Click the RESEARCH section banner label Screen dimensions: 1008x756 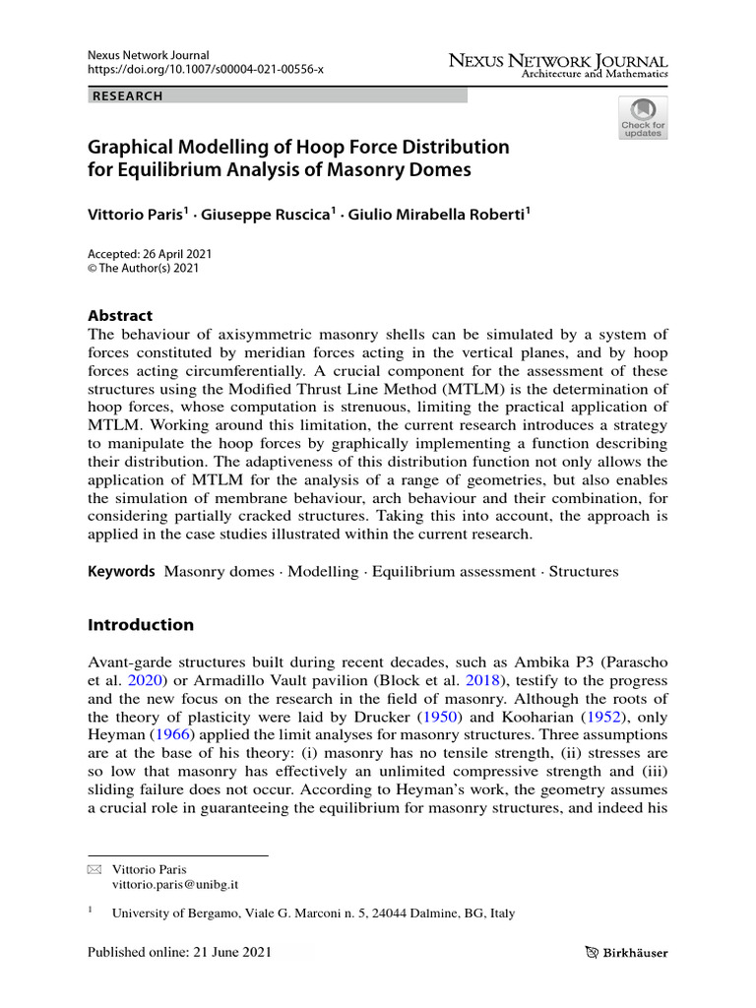(127, 96)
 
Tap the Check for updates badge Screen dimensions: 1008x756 (642, 117)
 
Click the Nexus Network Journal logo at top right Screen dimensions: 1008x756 (558, 65)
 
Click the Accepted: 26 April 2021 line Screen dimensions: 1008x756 (150, 253)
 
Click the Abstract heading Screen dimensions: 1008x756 (120, 316)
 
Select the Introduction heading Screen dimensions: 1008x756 (141, 625)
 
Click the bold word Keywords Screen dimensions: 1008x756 (121, 571)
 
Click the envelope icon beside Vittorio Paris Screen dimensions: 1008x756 (94, 870)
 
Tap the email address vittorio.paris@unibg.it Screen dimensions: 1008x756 (177, 886)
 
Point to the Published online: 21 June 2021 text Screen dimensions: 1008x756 (179, 952)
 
